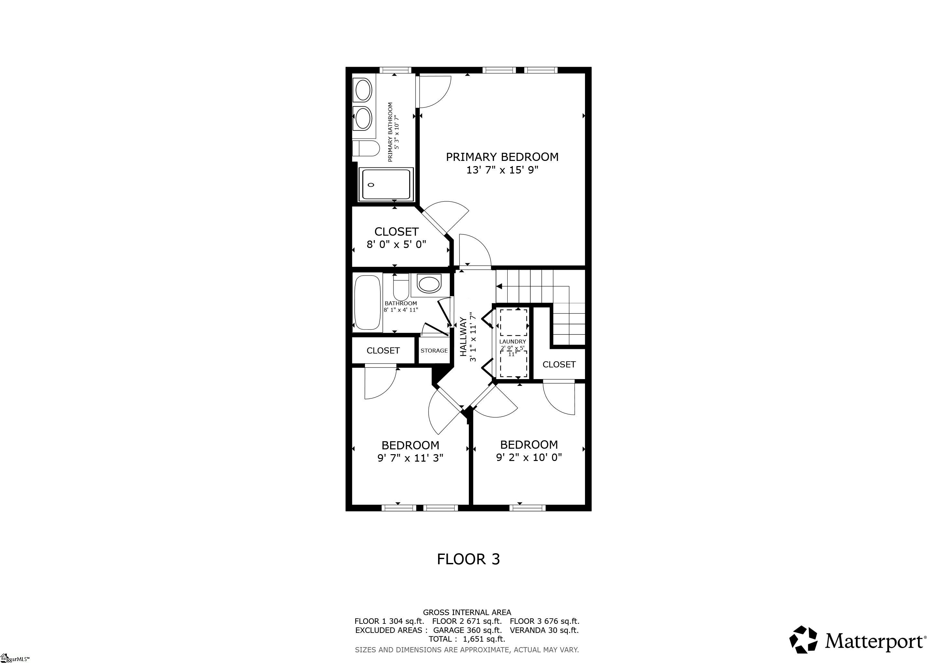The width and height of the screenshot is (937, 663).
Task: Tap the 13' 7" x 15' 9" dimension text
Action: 502,170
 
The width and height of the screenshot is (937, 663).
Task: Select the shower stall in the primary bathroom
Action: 386,185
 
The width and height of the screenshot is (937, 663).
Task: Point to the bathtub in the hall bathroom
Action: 368,302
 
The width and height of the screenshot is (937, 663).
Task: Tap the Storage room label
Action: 434,351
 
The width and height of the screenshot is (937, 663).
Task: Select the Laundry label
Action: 513,341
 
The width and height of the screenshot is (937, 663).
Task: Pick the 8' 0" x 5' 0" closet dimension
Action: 396,244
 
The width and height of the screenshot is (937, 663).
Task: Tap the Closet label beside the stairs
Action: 559,365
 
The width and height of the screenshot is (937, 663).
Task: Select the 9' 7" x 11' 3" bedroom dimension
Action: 410,458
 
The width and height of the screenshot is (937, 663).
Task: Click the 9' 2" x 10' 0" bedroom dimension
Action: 529,457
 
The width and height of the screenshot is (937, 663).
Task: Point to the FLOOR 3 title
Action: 468,559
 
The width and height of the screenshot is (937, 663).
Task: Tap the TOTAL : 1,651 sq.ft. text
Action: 467,639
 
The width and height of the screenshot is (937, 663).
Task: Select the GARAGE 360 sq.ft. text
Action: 467,630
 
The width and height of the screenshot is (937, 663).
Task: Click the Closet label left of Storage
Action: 383,351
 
